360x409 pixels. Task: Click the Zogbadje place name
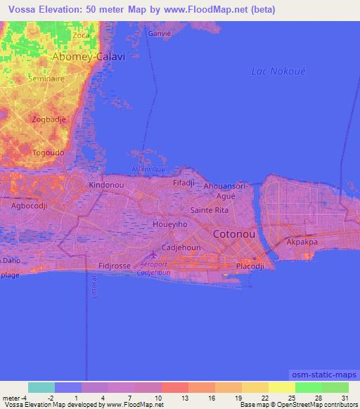(x=49, y=119)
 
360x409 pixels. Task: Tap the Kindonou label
(x=107, y=185)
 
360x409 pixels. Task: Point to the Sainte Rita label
(x=210, y=210)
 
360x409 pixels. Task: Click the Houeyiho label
(x=169, y=224)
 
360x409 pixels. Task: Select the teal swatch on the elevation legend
(x=41, y=387)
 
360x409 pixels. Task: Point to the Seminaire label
(x=46, y=79)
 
